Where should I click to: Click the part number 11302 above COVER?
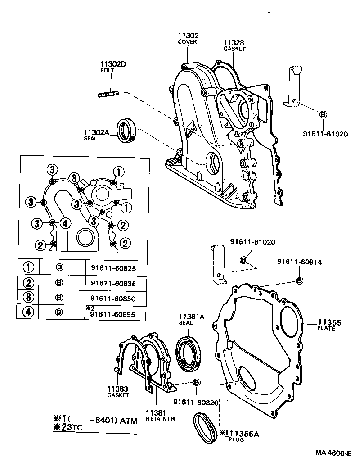coord(188,36)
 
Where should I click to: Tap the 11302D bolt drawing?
coord(108,95)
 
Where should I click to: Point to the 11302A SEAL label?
coord(96,135)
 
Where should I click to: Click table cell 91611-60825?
coord(113,267)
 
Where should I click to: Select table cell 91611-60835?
coord(113,284)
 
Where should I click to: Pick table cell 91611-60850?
coord(113,298)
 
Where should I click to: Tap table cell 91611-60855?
coord(113,314)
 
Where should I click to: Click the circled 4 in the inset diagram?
coord(65,223)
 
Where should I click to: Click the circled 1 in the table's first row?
coord(28,267)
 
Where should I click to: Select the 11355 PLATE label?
coord(330,325)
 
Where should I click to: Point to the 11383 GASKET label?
coord(118,391)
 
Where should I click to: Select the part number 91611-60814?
coord(299,262)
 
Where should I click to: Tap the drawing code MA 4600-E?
coord(332,453)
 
